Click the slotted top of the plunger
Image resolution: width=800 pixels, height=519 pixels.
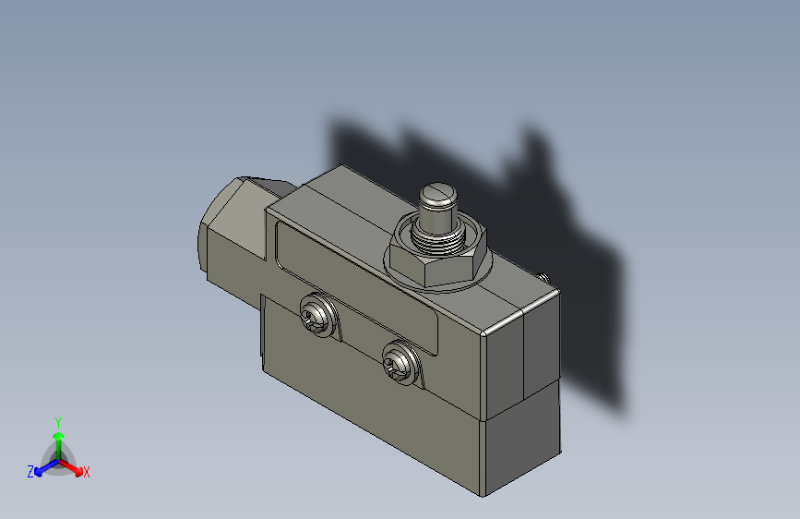[x=438, y=197]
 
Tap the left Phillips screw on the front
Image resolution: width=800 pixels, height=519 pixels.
[x=316, y=314]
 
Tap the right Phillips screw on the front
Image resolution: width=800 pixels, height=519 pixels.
[x=400, y=362]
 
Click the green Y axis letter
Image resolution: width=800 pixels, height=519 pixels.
[x=57, y=420]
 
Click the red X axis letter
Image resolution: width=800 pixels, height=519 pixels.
[x=87, y=473]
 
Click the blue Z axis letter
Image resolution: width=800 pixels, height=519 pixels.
[x=30, y=472]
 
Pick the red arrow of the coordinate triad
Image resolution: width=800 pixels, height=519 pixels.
[x=74, y=467]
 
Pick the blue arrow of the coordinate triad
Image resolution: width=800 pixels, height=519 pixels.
[x=42, y=467]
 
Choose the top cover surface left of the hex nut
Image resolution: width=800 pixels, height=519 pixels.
[x=341, y=208]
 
